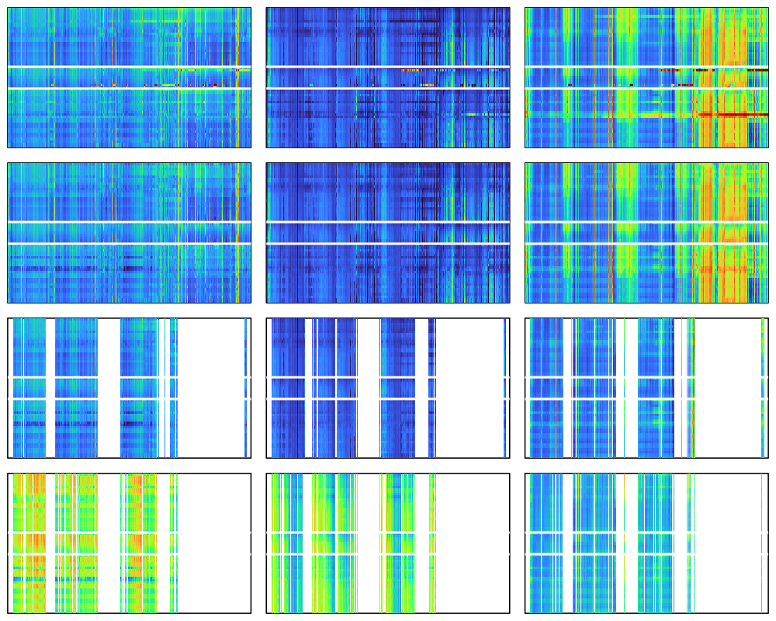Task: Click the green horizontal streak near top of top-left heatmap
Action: pyautogui.click(x=155, y=21)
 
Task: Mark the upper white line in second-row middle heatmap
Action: pyautogui.click(x=388, y=222)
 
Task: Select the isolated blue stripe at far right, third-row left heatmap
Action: pyautogui.click(x=246, y=388)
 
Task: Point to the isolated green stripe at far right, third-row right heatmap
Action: pyautogui.click(x=764, y=388)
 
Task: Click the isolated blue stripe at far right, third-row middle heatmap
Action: pyautogui.click(x=505, y=388)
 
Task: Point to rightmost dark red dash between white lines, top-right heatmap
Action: pyautogui.click(x=757, y=71)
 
